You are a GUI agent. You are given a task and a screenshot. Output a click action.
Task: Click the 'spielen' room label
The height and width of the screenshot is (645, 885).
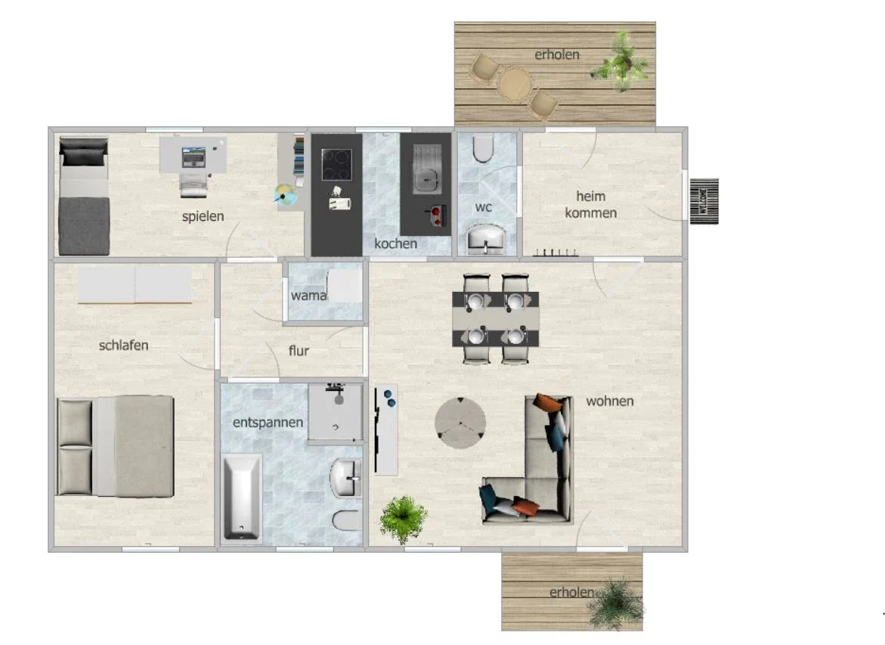pos(203,216)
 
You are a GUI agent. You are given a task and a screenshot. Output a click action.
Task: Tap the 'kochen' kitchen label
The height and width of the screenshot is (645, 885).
pos(396,243)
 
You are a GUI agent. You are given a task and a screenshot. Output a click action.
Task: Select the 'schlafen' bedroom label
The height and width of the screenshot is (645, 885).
pos(124,345)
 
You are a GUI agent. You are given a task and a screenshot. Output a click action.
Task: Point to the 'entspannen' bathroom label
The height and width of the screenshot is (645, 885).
pos(268,423)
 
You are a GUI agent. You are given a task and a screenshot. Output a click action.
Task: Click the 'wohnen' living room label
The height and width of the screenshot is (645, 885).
pos(610,401)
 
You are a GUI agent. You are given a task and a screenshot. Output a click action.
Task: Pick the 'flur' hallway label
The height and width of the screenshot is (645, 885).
pos(299,351)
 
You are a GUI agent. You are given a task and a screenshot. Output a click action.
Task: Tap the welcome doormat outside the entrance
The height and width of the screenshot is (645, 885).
pos(704,201)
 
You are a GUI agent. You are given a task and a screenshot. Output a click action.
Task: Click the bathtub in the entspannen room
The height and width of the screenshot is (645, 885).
pos(243,498)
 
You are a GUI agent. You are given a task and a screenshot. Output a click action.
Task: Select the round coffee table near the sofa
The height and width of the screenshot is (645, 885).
pos(460,423)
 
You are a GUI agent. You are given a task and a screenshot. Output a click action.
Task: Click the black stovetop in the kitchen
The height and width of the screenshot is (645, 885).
pos(336,164)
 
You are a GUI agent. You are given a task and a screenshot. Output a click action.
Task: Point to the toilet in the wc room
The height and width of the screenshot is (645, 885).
pos(483,148)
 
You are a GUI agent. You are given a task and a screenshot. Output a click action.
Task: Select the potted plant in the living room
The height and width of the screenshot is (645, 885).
pos(403,519)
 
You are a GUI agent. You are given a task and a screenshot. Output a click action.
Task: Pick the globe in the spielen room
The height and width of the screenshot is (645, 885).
pos(286,195)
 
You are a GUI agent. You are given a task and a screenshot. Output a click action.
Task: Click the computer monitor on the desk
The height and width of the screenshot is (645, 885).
pos(193,157)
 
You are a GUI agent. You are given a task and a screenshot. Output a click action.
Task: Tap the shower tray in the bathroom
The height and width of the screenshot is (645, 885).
pos(336,412)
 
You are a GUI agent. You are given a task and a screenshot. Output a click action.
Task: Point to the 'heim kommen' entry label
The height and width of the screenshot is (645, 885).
pos(591,204)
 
